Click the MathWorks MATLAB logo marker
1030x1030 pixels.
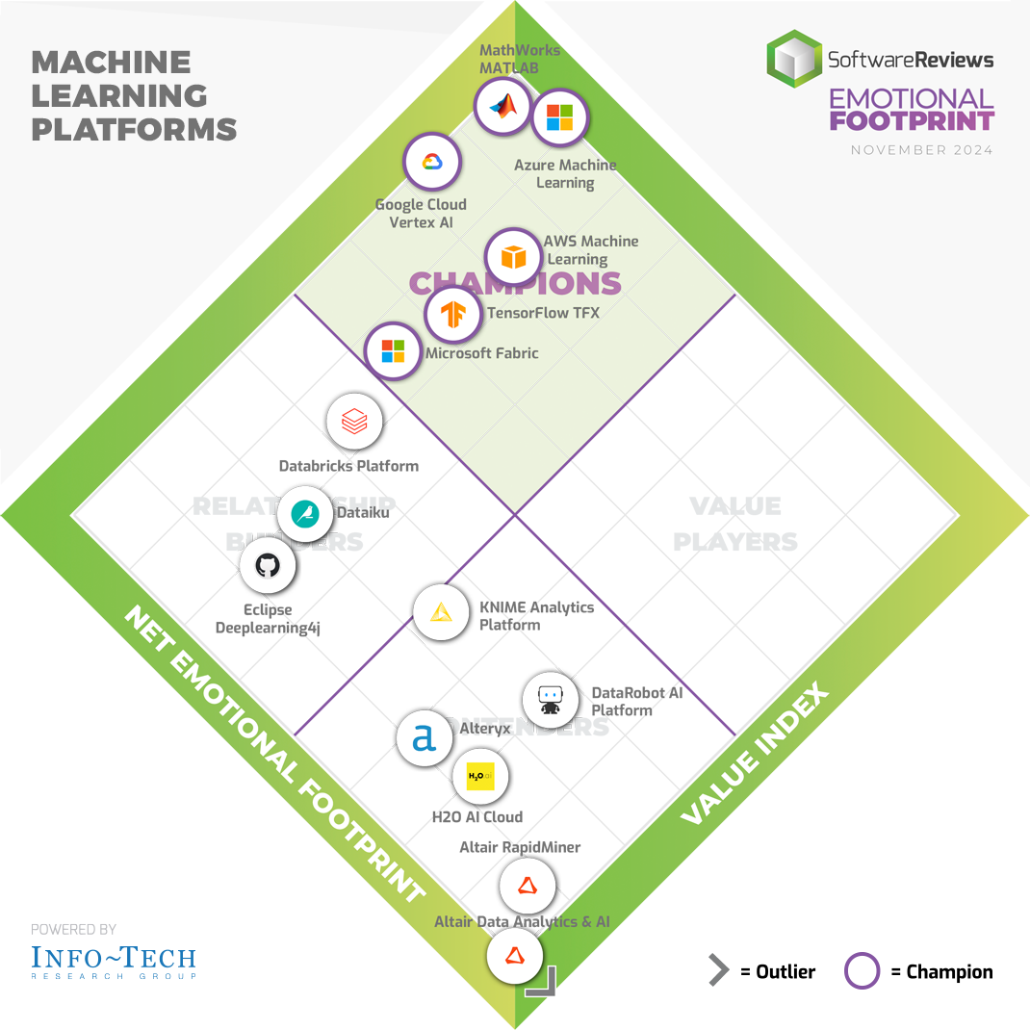[x=502, y=107]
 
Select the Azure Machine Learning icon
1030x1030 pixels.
[x=559, y=118]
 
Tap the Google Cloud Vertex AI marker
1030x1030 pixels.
[x=430, y=161]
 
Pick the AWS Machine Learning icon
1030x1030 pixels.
[x=514, y=257]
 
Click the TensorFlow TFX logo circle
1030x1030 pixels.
[x=453, y=314]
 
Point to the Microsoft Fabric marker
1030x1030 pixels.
[x=393, y=350]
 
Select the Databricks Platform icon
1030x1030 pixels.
[x=355, y=422]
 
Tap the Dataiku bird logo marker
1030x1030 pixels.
[x=305, y=514]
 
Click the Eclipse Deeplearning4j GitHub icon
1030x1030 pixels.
[x=267, y=565]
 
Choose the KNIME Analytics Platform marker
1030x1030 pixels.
[x=441, y=611]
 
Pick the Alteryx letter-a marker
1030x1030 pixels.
[x=425, y=738]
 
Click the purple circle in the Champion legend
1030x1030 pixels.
[x=862, y=971]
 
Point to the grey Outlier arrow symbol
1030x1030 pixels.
[x=718, y=971]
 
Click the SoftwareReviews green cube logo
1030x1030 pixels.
[x=794, y=58]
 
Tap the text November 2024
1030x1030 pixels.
[x=922, y=150]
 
